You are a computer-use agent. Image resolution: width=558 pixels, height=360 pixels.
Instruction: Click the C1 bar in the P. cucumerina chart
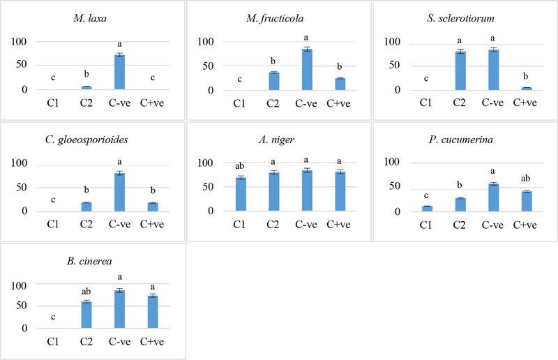click(x=427, y=208)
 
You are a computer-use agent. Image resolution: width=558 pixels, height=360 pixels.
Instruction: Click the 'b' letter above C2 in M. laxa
click(x=86, y=73)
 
